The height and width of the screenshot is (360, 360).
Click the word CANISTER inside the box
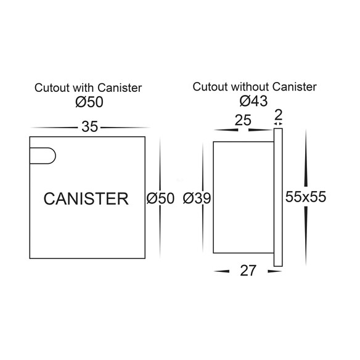point(86,198)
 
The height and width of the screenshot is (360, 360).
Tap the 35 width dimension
point(89,127)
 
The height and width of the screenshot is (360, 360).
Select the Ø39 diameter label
point(197,198)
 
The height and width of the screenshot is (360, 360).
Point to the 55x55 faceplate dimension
point(306,197)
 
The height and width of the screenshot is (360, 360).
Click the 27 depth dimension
point(248,271)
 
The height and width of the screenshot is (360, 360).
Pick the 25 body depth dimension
point(243,120)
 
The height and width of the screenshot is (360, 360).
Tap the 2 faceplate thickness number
point(278,115)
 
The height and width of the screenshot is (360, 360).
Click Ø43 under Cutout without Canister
point(253,101)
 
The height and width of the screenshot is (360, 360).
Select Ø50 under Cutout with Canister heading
point(89,102)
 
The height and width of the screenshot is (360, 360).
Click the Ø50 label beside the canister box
point(160,198)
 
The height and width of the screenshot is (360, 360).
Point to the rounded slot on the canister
point(43,156)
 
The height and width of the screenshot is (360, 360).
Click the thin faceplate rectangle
point(278,197)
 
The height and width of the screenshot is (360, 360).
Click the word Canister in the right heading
point(295,87)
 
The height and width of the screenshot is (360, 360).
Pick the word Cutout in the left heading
point(52,88)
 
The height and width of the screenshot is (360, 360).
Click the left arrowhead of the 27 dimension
point(221,271)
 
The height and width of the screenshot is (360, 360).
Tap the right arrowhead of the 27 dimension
point(275,271)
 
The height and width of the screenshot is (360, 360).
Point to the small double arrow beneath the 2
point(278,124)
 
